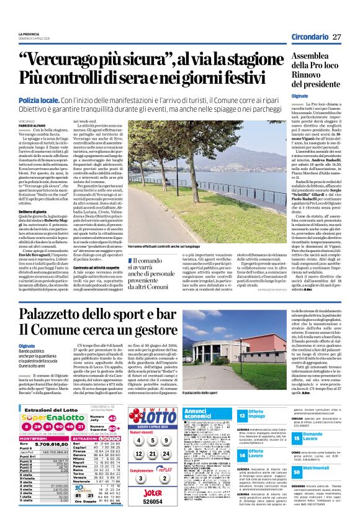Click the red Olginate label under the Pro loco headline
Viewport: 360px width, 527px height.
pyautogui.click(x=300, y=97)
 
